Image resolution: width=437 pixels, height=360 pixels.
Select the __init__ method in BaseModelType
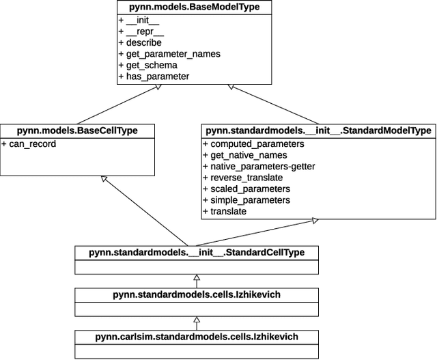pyautogui.click(x=144, y=20)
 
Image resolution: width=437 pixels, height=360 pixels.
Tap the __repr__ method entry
pyautogui.click(x=145, y=31)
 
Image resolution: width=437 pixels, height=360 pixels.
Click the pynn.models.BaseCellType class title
pyautogui.click(x=77, y=130)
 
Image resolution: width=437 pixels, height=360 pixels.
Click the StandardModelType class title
pyautogui.click(x=318, y=130)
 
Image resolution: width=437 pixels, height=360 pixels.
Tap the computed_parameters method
pyautogui.click(x=253, y=143)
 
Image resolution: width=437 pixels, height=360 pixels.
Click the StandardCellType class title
pyautogui.click(x=197, y=253)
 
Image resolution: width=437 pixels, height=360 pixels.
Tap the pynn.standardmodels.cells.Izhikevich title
pyautogui.click(x=197, y=294)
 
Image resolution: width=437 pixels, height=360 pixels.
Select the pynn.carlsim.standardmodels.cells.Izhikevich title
pyautogui.click(x=197, y=337)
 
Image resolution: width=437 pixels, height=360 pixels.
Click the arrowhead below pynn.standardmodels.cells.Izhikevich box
pyautogui.click(x=197, y=319)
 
